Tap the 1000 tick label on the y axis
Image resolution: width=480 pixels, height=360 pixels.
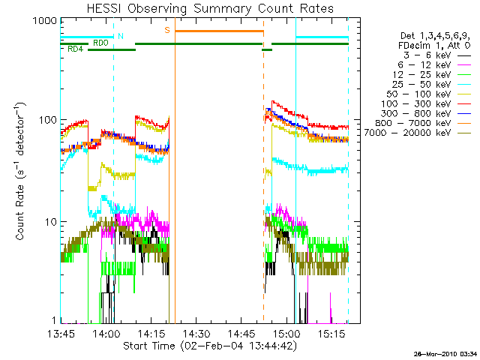click(x=45, y=21)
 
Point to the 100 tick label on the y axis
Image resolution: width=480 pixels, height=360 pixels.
click(x=48, y=120)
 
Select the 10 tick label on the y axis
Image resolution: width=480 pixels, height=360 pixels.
click(x=51, y=222)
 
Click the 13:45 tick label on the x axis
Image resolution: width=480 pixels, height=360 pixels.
click(x=61, y=333)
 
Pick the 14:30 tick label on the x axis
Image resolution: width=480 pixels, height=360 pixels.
click(x=196, y=333)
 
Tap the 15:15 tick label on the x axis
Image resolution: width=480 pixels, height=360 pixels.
click(x=332, y=333)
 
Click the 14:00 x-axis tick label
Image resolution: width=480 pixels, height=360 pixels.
click(x=106, y=333)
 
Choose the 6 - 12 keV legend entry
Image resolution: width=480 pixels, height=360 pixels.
click(x=434, y=65)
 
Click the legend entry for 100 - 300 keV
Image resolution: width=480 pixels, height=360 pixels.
click(x=426, y=103)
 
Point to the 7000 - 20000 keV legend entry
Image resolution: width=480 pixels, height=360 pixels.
click(x=418, y=133)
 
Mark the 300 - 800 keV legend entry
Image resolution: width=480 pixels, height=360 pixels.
click(x=426, y=113)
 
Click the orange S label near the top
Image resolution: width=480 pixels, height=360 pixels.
click(x=167, y=30)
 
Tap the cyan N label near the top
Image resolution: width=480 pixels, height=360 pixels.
click(x=121, y=36)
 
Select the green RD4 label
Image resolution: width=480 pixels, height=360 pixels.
click(x=75, y=49)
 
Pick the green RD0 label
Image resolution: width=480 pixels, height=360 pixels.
click(x=100, y=43)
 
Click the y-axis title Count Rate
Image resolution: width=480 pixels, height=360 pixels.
click(x=20, y=212)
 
